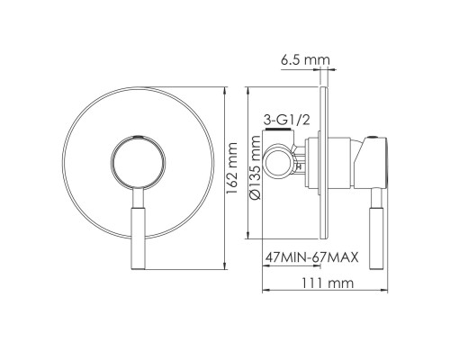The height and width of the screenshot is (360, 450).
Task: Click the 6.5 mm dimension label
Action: (x=305, y=60)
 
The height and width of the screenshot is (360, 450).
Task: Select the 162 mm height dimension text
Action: (x=231, y=168)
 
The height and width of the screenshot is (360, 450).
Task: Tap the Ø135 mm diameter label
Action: (x=255, y=167)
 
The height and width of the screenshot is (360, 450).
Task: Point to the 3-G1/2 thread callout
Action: (x=286, y=120)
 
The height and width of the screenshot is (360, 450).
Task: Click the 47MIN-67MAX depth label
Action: (x=311, y=257)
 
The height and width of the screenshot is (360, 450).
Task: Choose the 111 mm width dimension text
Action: (x=328, y=283)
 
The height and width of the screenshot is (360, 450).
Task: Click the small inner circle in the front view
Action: (x=139, y=162)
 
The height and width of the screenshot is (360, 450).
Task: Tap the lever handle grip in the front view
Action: (x=138, y=238)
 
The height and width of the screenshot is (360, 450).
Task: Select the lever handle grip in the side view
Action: (x=376, y=238)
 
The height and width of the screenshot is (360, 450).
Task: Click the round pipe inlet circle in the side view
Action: (x=279, y=162)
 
